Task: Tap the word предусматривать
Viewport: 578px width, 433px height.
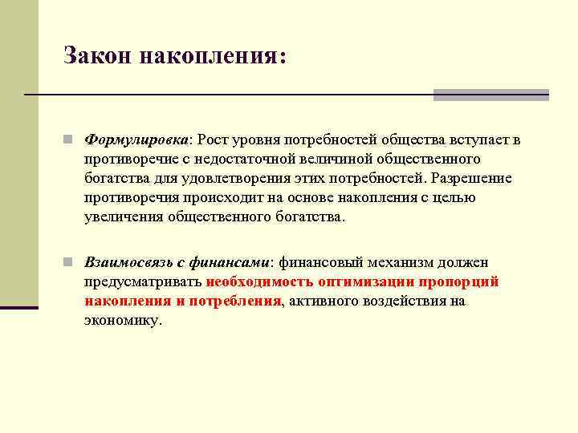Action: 142,281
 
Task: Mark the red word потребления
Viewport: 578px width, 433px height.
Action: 235,301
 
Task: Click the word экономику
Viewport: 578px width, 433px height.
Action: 121,320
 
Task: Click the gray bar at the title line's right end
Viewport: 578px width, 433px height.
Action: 490,95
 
